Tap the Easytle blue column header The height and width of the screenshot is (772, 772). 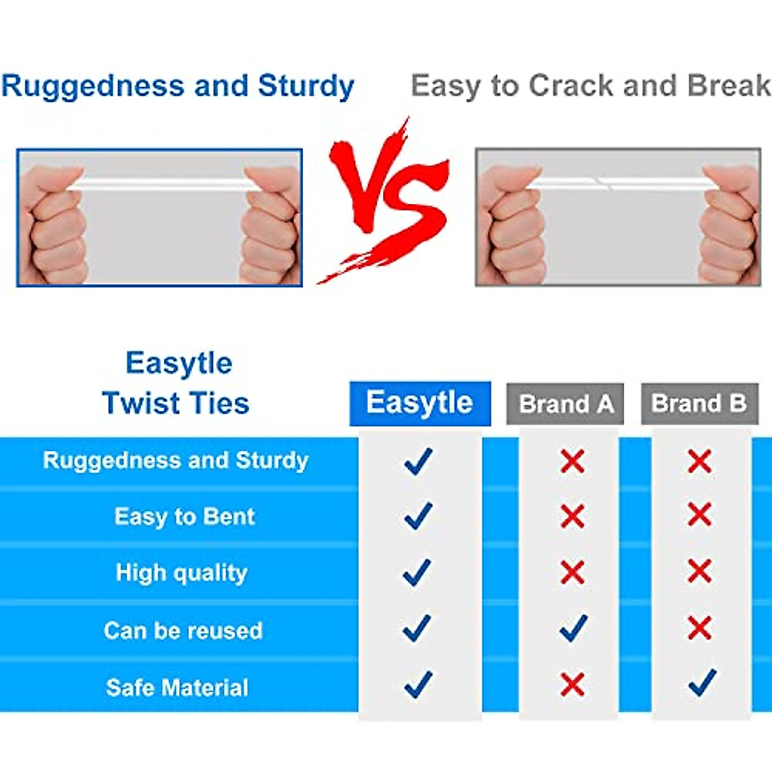[x=420, y=403]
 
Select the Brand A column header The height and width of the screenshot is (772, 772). [x=565, y=404]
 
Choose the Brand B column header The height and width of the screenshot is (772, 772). [x=699, y=404]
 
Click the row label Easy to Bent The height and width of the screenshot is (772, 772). [x=184, y=517]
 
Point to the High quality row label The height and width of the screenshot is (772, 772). [x=181, y=573]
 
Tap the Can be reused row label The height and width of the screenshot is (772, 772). [x=183, y=630]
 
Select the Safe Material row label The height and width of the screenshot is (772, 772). [x=177, y=688]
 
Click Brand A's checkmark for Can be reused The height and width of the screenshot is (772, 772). [x=574, y=628]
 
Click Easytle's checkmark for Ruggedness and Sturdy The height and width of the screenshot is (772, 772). [x=419, y=461]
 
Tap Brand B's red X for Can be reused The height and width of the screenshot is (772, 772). [x=700, y=628]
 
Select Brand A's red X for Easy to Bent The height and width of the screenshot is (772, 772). [x=573, y=516]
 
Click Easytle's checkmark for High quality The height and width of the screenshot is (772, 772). [x=417, y=573]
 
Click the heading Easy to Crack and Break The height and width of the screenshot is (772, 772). [x=591, y=86]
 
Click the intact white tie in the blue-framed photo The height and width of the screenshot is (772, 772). [x=162, y=184]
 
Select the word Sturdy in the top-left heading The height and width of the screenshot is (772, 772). [x=306, y=87]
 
